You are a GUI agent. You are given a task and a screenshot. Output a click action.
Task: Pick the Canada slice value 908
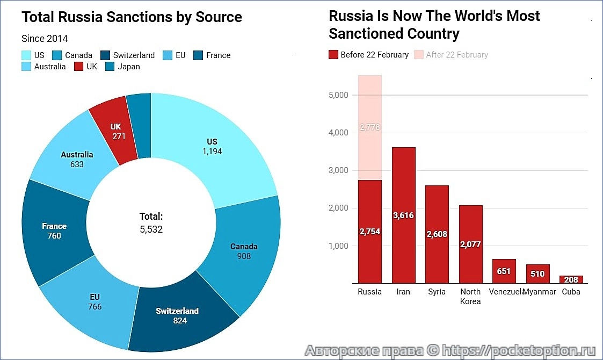[x=244, y=256]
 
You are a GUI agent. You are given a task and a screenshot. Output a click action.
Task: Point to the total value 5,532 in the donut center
[x=151, y=229]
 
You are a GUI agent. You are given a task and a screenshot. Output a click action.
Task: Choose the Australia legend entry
[x=44, y=67]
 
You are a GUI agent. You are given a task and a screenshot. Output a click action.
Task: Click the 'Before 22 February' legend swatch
[x=333, y=55]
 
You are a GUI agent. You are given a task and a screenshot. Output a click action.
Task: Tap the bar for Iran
[x=403, y=215]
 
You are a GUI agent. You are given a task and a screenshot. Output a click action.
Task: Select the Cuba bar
[x=571, y=279]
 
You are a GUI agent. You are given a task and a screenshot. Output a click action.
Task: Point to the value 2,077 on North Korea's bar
[x=470, y=244]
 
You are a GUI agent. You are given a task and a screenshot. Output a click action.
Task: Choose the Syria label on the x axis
[x=437, y=292]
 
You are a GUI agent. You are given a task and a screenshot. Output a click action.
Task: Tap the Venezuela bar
[x=504, y=271]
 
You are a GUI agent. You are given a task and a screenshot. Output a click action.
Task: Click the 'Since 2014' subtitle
[x=45, y=39]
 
